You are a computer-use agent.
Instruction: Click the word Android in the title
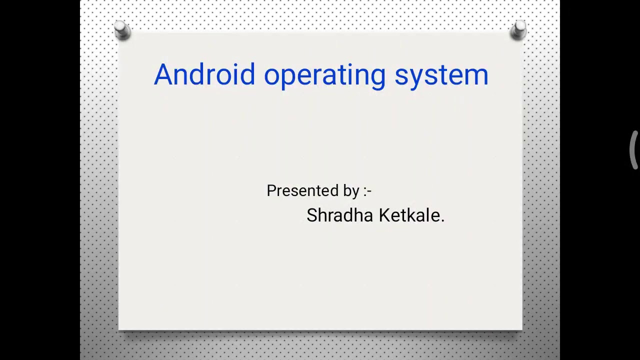click(204, 75)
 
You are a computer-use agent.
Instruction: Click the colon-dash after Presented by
click(367, 191)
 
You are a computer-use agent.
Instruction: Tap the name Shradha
click(339, 215)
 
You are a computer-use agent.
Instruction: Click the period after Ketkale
click(442, 220)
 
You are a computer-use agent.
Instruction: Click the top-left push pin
click(122, 30)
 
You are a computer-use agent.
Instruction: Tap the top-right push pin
click(518, 29)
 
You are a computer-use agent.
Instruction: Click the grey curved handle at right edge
click(634, 150)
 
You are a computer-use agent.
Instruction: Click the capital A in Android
click(163, 75)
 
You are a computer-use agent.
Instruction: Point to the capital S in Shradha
click(312, 215)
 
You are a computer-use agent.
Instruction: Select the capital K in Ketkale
click(384, 215)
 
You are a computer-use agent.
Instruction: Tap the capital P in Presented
click(271, 190)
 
